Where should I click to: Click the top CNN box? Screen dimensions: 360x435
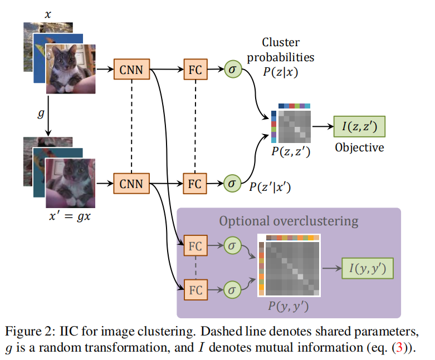131,70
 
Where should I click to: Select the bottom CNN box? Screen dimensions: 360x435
131,183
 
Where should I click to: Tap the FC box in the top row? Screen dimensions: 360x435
194,70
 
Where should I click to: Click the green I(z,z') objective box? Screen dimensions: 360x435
358,127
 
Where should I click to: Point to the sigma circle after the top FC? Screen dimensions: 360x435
233,70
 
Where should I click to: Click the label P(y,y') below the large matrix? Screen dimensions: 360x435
289,306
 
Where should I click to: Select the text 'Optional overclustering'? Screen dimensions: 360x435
288,221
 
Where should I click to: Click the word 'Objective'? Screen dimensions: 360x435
359,148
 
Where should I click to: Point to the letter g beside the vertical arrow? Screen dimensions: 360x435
40,114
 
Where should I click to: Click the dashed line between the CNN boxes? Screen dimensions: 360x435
131,126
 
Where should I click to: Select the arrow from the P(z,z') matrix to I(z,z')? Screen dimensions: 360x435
321,127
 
